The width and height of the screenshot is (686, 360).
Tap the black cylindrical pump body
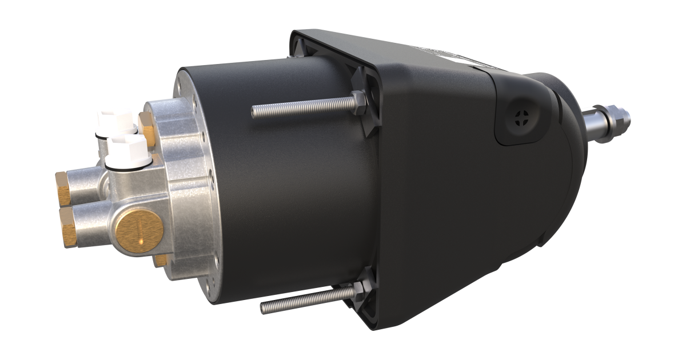coord(286,189)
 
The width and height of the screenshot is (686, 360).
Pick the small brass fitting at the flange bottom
coord(162,260)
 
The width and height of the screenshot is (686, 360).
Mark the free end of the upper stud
coord(254,111)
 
